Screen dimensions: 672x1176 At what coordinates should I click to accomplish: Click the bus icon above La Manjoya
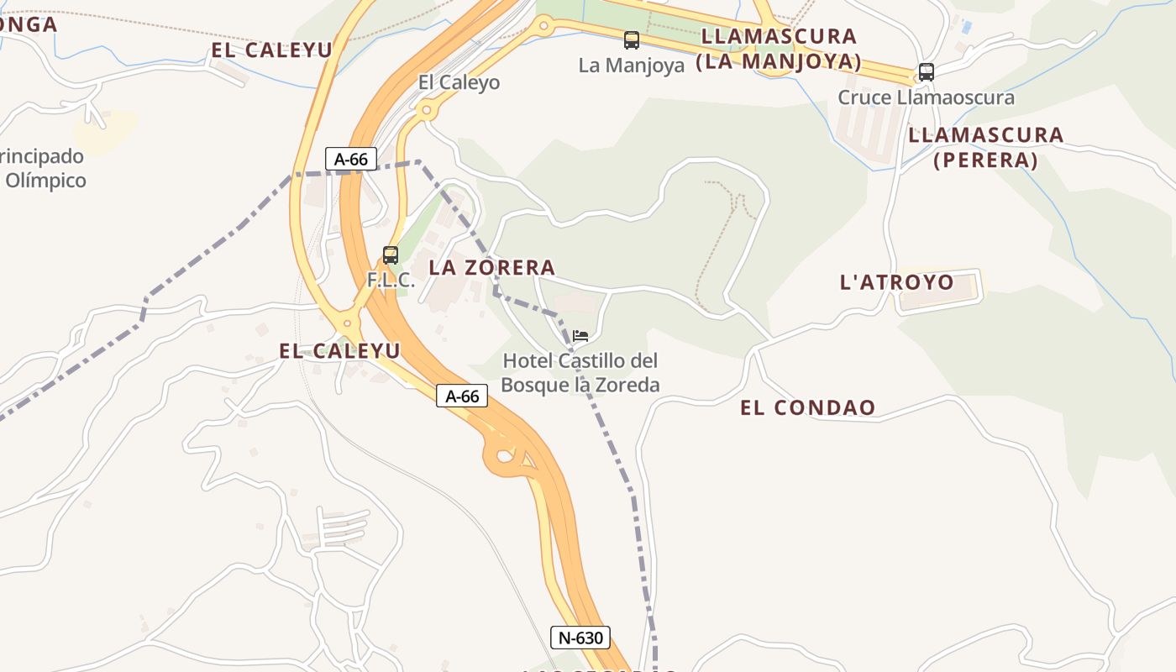(632, 39)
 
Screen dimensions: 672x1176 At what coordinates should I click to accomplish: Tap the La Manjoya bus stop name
(632, 65)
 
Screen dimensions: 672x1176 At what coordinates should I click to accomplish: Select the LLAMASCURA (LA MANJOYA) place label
(779, 49)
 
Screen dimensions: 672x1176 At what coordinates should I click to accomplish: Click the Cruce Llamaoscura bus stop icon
(926, 72)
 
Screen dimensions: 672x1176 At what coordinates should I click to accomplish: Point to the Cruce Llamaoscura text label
(926, 97)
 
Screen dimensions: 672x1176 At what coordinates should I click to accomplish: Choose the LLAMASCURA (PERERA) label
(985, 147)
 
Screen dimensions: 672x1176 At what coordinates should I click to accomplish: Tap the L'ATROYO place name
(897, 282)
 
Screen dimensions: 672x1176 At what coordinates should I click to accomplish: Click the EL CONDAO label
(807, 408)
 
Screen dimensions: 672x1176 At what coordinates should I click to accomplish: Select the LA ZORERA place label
(492, 268)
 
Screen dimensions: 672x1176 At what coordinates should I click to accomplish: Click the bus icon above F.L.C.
(391, 255)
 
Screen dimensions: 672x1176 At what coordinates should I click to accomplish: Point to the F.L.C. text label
(391, 281)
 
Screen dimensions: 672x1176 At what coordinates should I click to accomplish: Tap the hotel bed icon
(580, 336)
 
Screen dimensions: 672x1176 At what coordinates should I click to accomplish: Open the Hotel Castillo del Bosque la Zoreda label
(580, 373)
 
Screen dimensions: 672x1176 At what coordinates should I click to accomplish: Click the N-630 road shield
(580, 638)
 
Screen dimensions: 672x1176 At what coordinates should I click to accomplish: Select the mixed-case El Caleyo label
(459, 82)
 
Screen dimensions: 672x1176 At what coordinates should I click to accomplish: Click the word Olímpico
(46, 181)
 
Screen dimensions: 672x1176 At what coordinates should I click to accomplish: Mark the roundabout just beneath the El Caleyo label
(427, 109)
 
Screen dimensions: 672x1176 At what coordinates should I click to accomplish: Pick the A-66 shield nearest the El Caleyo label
(350, 159)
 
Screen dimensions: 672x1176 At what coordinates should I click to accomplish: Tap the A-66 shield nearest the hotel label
(462, 396)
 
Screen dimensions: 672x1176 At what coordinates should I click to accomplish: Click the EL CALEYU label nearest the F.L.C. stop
(339, 351)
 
